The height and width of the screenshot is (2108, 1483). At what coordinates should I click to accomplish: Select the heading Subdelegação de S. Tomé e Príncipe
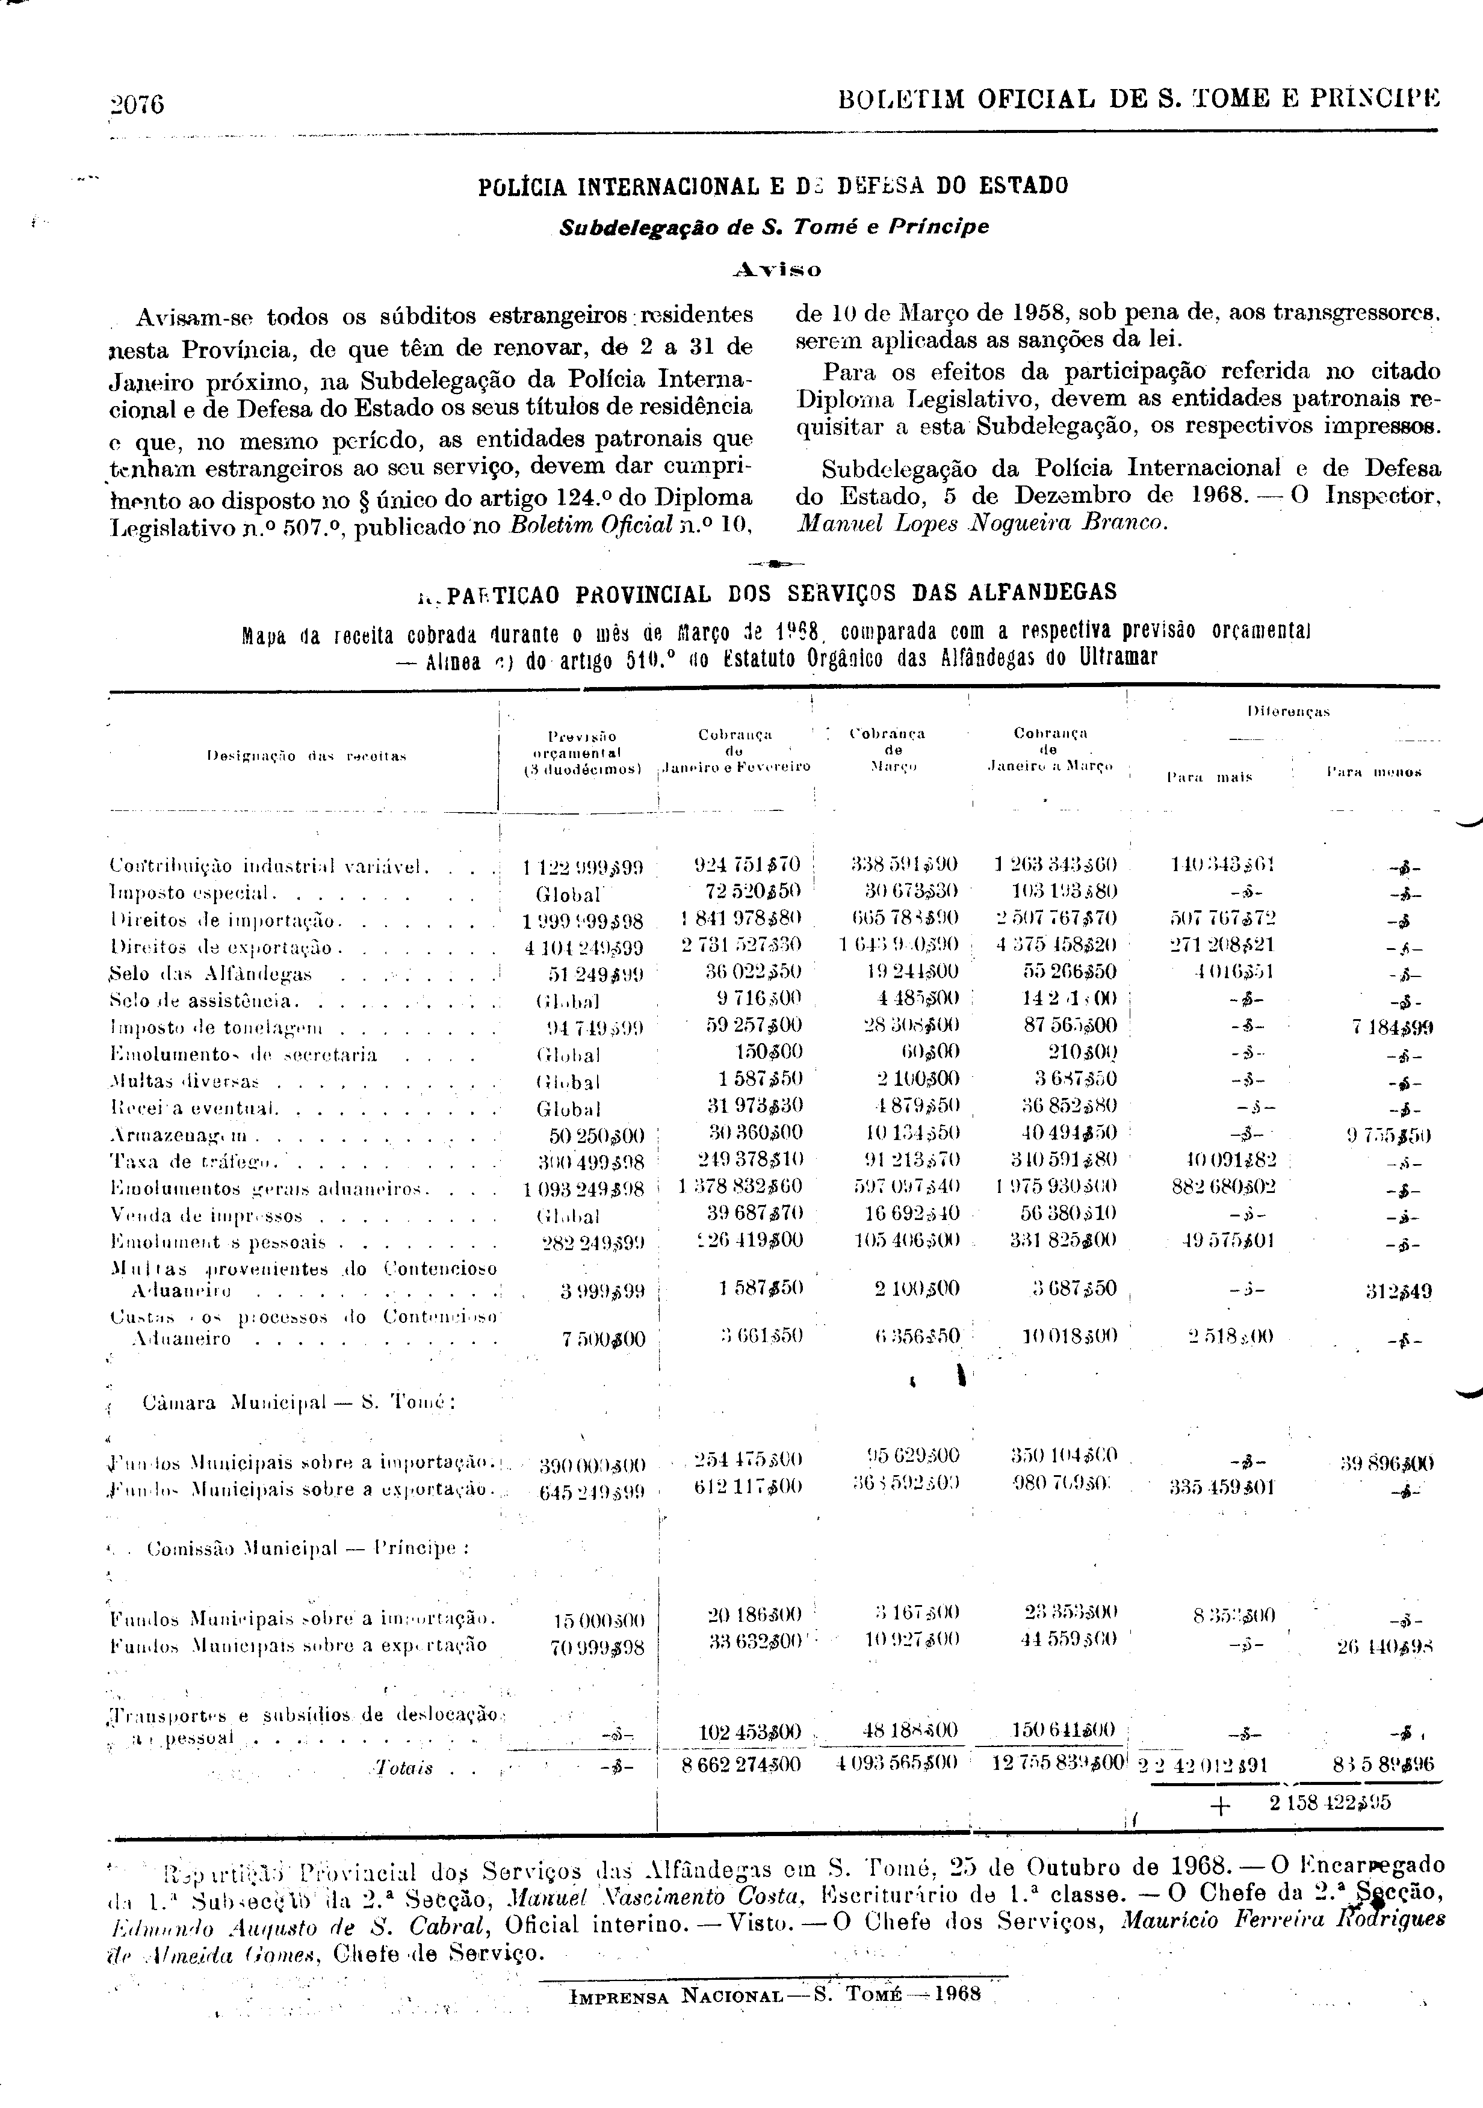774,227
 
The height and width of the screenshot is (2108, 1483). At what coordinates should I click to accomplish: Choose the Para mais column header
1209,777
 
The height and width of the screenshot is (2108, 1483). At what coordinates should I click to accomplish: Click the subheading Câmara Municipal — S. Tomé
299,1403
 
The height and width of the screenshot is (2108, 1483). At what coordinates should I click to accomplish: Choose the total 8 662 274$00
741,1764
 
